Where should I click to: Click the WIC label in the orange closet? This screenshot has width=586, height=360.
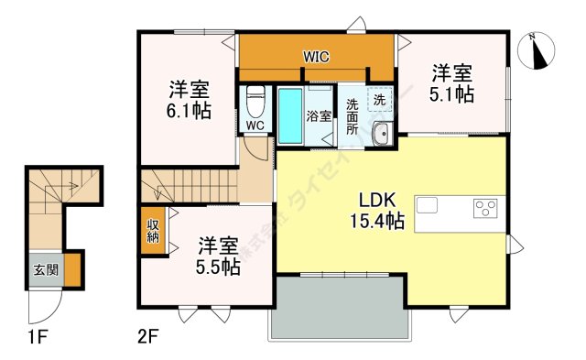pos(317,57)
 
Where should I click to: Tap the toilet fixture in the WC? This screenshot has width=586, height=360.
pos(255,95)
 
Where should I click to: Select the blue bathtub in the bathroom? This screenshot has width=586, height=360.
pos(290,116)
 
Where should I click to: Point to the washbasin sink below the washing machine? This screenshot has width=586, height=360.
pos(381,135)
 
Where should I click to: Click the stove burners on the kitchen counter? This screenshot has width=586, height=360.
pos(484,208)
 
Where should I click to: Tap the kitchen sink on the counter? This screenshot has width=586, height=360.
pos(429,204)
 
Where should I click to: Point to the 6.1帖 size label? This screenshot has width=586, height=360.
pos(189,112)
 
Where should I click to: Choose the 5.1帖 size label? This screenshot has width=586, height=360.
pos(451,93)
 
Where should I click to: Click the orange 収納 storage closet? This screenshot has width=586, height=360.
pos(152,229)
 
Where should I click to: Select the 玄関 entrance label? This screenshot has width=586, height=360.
pos(45,270)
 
